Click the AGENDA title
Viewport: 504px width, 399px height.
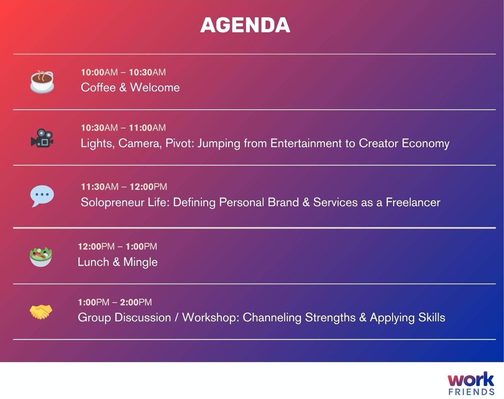coord(245,25)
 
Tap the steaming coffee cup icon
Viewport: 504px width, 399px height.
coord(42,82)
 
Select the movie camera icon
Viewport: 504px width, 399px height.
coord(42,138)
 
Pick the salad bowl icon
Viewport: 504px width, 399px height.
coord(41,257)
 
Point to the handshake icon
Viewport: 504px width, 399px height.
coord(41,312)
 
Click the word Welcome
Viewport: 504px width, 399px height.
coord(155,87)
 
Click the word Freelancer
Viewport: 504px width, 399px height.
coord(413,202)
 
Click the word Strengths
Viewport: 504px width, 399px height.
coord(330,318)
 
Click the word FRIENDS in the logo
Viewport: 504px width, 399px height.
coord(472,392)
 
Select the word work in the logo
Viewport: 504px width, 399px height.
coord(471,379)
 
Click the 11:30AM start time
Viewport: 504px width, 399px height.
coord(100,187)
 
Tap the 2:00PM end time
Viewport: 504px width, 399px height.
coord(136,302)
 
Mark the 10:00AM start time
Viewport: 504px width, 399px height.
coord(99,72)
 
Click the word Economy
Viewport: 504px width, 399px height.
coord(426,143)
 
